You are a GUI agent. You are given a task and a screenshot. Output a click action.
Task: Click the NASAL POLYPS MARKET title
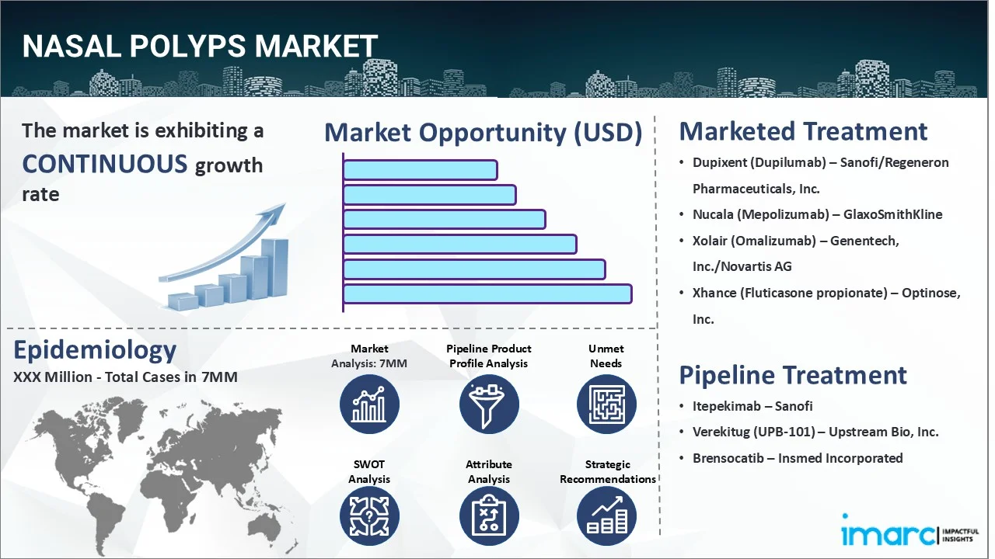[200, 47]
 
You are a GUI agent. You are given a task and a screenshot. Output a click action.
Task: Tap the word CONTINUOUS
[105, 164]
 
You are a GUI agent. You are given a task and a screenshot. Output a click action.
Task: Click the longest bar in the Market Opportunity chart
[487, 294]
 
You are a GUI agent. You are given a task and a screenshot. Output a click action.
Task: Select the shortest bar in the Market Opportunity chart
[420, 170]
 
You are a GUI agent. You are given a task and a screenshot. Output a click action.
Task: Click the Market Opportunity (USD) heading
[483, 133]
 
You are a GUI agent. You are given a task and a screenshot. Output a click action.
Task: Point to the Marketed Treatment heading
[803, 131]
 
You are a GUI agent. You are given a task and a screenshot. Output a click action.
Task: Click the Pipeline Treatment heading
[793, 375]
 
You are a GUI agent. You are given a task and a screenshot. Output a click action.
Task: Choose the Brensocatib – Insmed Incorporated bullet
[798, 458]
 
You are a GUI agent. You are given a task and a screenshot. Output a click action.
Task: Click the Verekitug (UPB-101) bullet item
[815, 432]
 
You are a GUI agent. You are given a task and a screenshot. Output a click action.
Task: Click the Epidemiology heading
[95, 350]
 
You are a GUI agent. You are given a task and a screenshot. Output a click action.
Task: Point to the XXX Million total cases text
[125, 377]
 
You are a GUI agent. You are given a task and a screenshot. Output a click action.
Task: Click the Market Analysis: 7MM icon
[369, 404]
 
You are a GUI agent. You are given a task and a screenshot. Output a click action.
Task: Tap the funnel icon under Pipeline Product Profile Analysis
[489, 404]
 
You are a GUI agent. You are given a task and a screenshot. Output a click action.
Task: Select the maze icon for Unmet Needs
[606, 404]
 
